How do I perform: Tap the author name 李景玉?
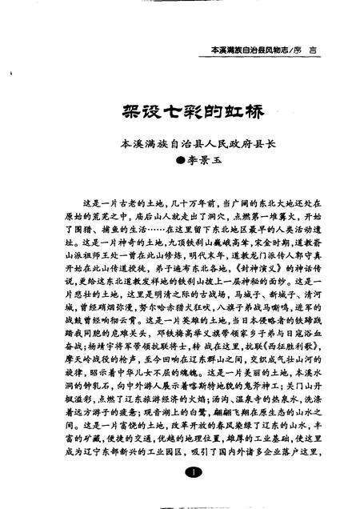point(198,160)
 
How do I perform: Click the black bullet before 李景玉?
point(177,160)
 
